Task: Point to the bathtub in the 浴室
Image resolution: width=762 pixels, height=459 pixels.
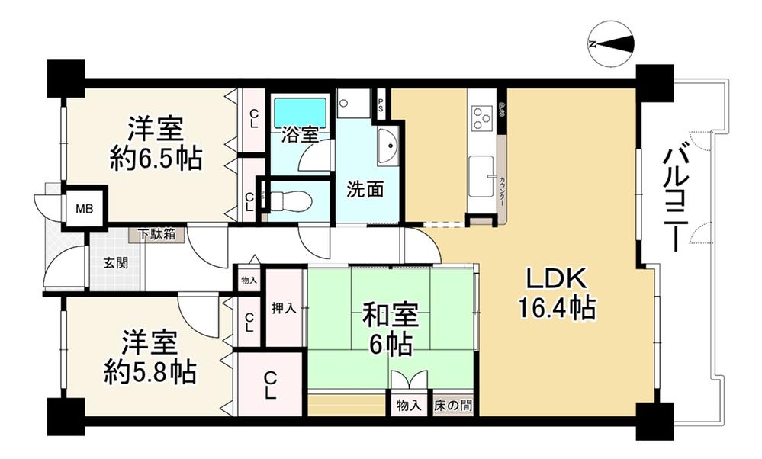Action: tap(300, 111)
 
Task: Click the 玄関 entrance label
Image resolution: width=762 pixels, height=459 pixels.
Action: tap(116, 265)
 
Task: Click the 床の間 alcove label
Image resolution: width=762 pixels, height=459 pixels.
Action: tap(453, 406)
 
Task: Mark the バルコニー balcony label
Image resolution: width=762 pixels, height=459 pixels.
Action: tap(675, 198)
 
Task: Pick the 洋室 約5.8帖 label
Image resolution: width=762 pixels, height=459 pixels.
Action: tap(150, 356)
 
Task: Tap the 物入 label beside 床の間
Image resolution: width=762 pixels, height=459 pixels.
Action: tap(409, 406)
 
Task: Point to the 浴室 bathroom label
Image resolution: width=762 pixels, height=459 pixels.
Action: tap(300, 135)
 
